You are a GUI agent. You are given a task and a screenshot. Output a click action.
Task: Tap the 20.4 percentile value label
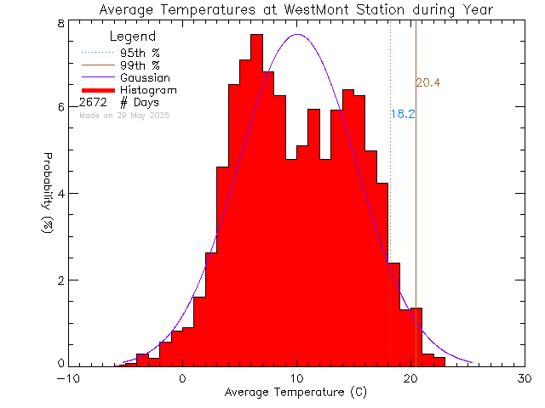tap(427, 82)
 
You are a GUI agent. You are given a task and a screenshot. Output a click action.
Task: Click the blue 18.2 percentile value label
tap(403, 114)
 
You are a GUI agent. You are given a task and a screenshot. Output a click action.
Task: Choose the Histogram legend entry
tap(149, 90)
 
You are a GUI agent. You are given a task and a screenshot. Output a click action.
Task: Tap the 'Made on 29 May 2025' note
tap(123, 115)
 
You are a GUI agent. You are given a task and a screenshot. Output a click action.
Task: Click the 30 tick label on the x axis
tap(525, 379)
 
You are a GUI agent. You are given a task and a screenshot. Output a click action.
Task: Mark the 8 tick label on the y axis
tap(61, 22)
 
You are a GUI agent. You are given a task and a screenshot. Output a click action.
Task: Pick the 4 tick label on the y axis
tap(61, 194)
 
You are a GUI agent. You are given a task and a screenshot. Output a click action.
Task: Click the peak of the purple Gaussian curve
tap(297, 35)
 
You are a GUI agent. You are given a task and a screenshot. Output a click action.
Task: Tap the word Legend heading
tap(134, 37)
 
